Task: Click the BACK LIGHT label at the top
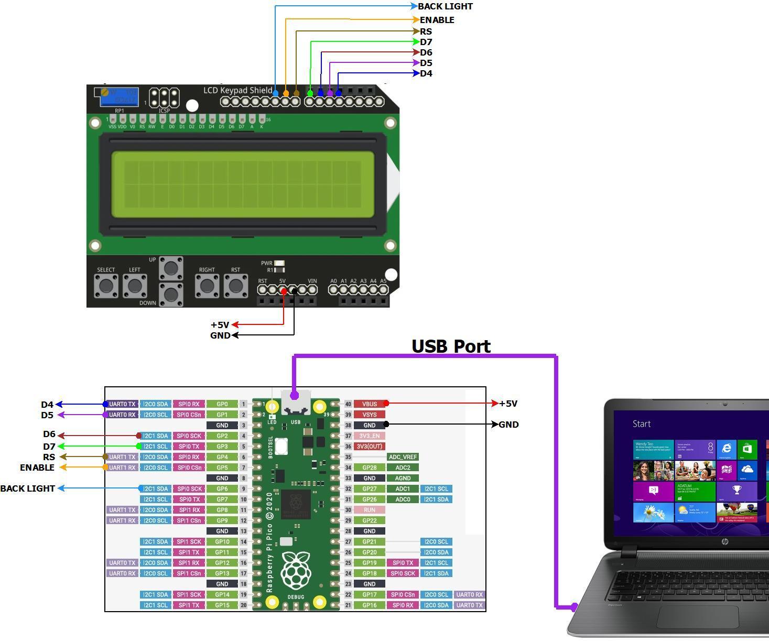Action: point(445,6)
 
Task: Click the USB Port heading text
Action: point(451,346)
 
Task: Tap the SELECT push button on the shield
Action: point(106,286)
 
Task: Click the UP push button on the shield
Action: point(171,268)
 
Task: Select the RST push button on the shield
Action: point(235,286)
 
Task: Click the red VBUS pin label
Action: point(370,404)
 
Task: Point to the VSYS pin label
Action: point(370,415)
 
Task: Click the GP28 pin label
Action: point(370,468)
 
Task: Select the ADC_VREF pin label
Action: point(403,457)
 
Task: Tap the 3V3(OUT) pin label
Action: point(370,447)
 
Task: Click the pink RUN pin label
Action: point(370,510)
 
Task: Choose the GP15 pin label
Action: point(222,605)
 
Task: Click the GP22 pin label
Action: point(370,520)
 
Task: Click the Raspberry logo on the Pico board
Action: point(296,570)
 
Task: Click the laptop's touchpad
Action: point(697,617)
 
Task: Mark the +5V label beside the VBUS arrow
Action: point(508,404)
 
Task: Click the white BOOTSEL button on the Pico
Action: point(281,447)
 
